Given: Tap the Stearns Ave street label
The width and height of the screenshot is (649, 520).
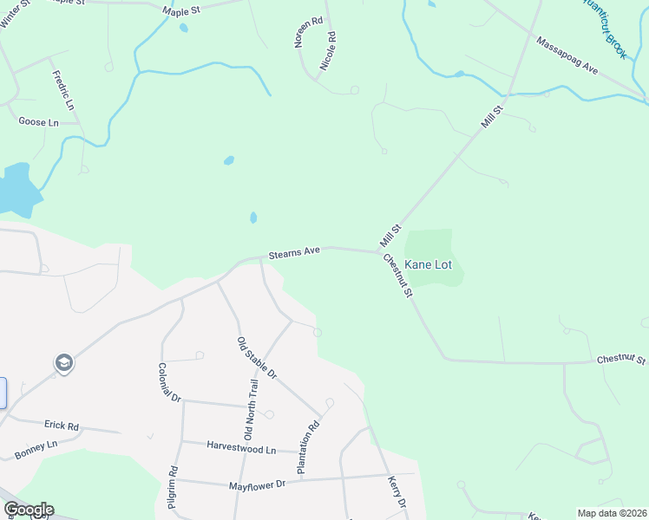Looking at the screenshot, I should [294, 251].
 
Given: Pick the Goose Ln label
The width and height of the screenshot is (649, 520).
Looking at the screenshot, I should [38, 122].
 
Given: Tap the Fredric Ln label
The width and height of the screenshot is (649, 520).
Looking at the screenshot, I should [64, 90].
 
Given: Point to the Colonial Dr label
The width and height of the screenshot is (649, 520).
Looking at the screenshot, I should [168, 382].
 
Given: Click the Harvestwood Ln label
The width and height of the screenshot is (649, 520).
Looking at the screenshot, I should [240, 447].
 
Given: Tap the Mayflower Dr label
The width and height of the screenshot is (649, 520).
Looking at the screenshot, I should [257, 484].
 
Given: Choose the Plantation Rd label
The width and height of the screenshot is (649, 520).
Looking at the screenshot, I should [309, 447].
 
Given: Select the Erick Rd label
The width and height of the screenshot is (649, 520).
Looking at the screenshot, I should [62, 426].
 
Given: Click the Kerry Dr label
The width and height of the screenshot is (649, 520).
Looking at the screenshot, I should [397, 491].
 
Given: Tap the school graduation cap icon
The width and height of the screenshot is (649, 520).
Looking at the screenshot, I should [63, 362].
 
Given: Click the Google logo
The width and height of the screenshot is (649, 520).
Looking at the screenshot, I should [28, 510].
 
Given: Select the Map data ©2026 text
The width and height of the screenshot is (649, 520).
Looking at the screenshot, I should [612, 513].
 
